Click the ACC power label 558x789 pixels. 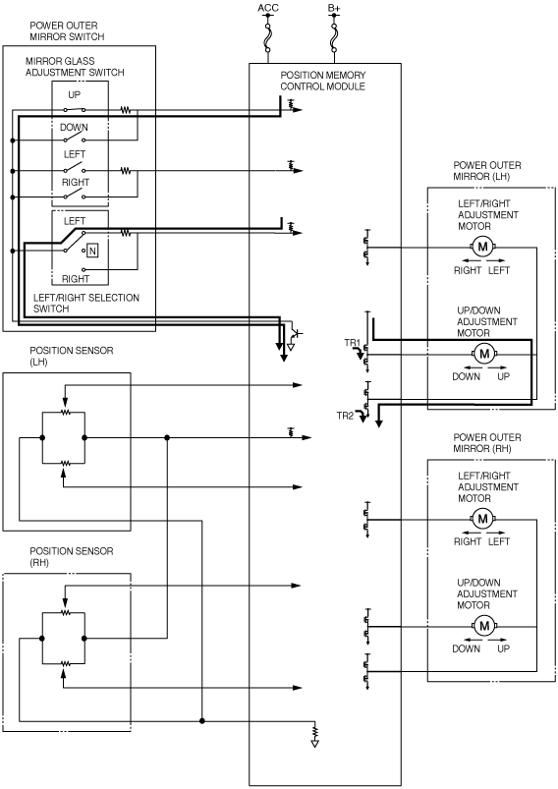pyautogui.click(x=267, y=8)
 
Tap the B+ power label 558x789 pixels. pyautogui.click(x=334, y=8)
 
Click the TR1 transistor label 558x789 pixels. pyautogui.click(x=353, y=343)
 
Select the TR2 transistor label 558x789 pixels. pyautogui.click(x=345, y=416)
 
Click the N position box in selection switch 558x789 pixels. pyautogui.click(x=92, y=251)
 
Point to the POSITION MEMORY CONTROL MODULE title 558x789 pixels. pyautogui.click(x=323, y=81)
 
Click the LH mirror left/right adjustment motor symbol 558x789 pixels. pyautogui.click(x=483, y=247)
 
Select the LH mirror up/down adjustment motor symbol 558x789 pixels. pyautogui.click(x=484, y=354)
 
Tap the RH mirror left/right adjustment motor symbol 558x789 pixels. pyautogui.click(x=483, y=518)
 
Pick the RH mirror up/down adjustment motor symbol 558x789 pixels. pyautogui.click(x=484, y=626)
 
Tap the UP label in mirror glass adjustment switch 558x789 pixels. pyautogui.click(x=74, y=94)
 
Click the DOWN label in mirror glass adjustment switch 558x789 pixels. pyautogui.click(x=74, y=128)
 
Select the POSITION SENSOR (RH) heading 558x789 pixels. pyautogui.click(x=72, y=557)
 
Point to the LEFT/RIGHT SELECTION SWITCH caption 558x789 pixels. pyautogui.click(x=86, y=303)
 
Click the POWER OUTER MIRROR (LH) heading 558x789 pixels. pyautogui.click(x=487, y=171)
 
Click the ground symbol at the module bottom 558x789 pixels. pyautogui.click(x=315, y=737)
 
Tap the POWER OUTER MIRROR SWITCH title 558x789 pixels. pyautogui.click(x=67, y=30)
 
